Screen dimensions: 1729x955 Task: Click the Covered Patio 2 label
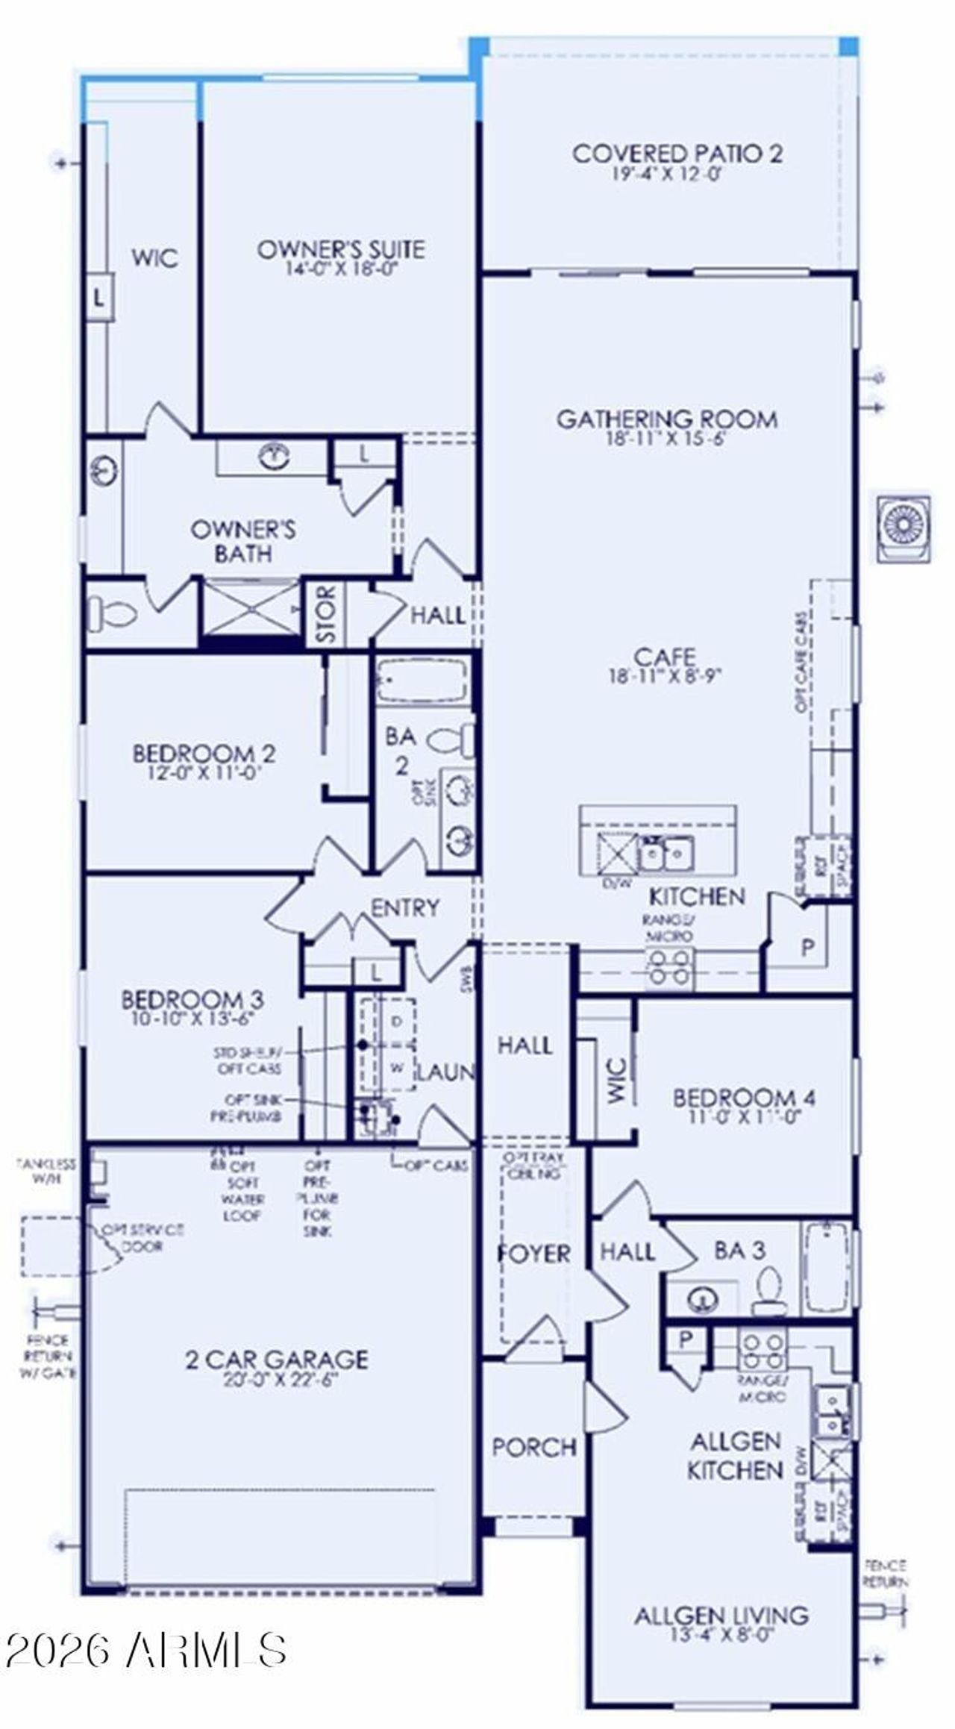pyautogui.click(x=677, y=154)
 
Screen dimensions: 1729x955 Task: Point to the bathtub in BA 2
pyautogui.click(x=422, y=680)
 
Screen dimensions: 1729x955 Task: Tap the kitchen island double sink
pyautogui.click(x=666, y=851)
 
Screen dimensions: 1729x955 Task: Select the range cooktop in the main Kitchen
pyautogui.click(x=669, y=967)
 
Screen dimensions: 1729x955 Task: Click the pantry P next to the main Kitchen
pyautogui.click(x=807, y=948)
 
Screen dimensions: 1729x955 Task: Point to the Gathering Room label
pyautogui.click(x=667, y=419)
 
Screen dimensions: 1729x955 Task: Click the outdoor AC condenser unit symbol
pyautogui.click(x=903, y=528)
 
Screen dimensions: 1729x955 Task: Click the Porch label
pyautogui.click(x=534, y=1448)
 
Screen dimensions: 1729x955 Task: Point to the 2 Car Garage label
pyautogui.click(x=277, y=1359)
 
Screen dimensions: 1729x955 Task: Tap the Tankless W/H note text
pyautogui.click(x=46, y=1172)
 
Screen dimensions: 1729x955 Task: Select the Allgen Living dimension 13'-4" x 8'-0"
pyautogui.click(x=721, y=1635)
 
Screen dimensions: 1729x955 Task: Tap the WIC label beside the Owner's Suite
pyautogui.click(x=155, y=258)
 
